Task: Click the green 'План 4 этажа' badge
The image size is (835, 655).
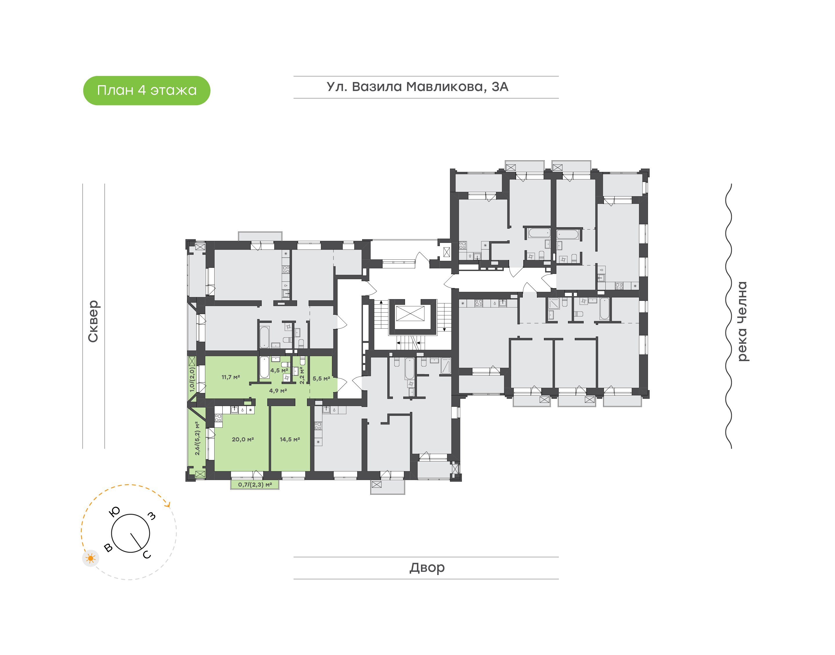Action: (x=146, y=90)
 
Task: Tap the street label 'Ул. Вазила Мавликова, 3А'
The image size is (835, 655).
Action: (x=417, y=87)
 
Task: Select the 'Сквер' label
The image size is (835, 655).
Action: (x=93, y=321)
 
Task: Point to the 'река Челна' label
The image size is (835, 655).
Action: (x=743, y=321)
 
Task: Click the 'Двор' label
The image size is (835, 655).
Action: (x=427, y=567)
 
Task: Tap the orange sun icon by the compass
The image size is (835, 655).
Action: (x=90, y=558)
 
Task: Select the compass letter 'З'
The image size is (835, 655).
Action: (x=152, y=516)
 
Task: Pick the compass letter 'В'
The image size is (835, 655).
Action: (x=108, y=547)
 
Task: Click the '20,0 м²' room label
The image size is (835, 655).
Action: (x=243, y=439)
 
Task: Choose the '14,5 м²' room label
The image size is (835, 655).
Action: (x=290, y=439)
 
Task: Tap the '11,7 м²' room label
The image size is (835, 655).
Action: (x=230, y=377)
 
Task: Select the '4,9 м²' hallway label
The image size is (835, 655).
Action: (x=278, y=391)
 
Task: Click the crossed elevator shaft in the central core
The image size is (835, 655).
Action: (x=410, y=313)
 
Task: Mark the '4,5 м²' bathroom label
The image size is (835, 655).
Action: (x=279, y=370)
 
